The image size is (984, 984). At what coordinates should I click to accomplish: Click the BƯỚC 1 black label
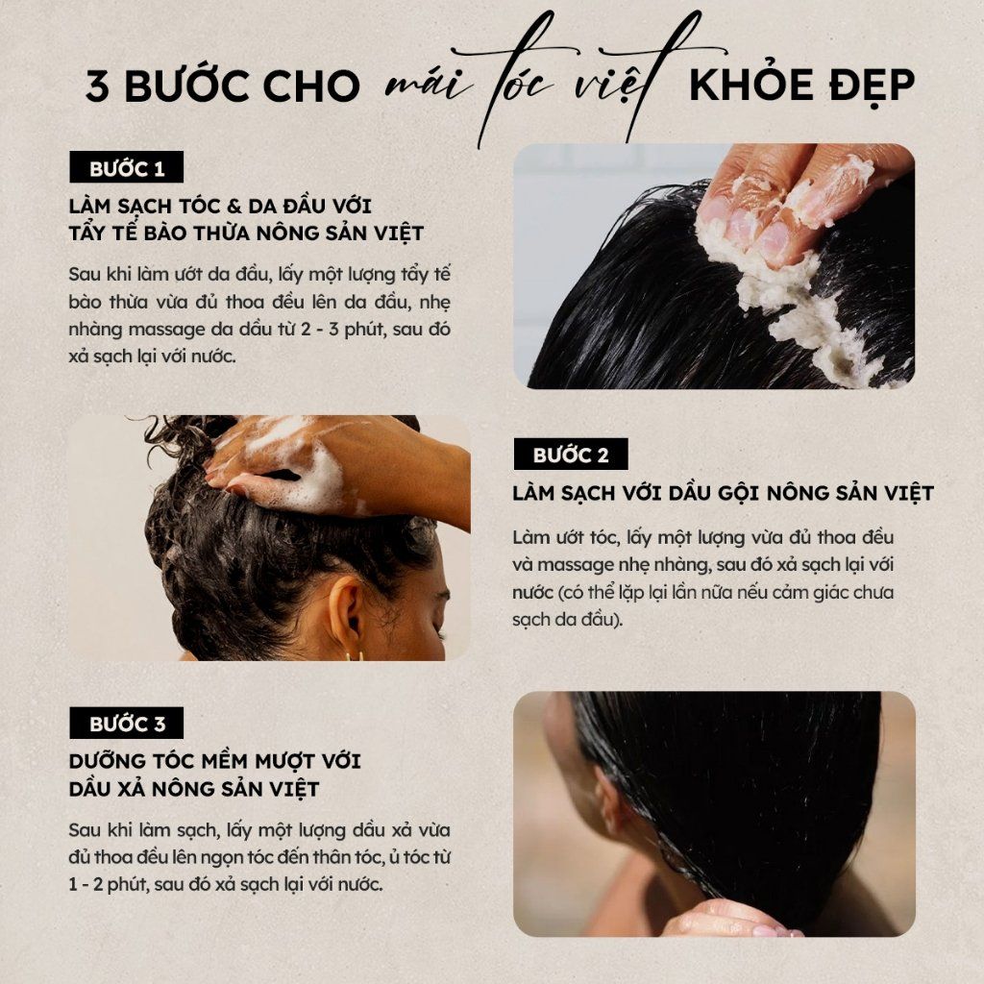(126, 167)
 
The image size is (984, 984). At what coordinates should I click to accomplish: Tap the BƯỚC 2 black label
(571, 454)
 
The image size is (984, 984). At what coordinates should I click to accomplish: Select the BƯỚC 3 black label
(126, 723)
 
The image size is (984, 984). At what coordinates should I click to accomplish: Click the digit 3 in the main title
(97, 86)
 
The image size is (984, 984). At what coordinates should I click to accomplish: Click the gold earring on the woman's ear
(354, 655)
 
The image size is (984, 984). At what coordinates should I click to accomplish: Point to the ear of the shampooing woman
(346, 607)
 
